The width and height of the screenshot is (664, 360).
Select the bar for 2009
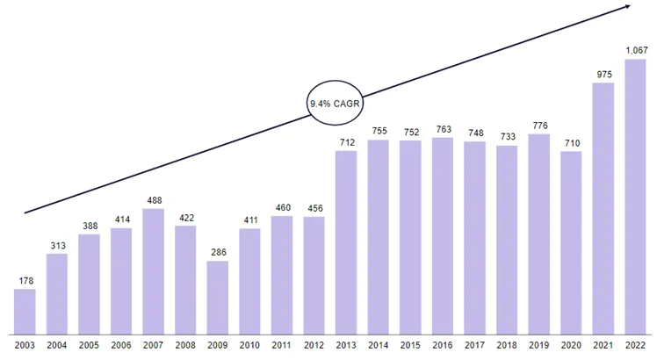(x=218, y=298)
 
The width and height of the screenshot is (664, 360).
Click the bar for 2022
(x=635, y=197)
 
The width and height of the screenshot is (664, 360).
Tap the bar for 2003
(x=25, y=312)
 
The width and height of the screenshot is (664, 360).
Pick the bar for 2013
(x=346, y=242)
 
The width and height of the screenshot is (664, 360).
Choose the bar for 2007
(x=154, y=271)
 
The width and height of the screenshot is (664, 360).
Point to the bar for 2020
(x=571, y=243)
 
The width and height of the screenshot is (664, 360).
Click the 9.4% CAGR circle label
(x=335, y=103)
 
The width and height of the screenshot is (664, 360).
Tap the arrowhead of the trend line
(x=628, y=6)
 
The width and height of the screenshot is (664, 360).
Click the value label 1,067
(x=637, y=50)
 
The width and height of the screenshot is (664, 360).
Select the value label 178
(x=25, y=281)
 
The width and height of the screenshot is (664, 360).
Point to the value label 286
(x=219, y=252)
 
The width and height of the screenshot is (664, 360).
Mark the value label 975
(x=604, y=75)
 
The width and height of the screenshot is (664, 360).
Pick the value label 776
(x=540, y=126)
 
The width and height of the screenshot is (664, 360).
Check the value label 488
(x=155, y=200)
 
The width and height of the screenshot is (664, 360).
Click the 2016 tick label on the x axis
(x=443, y=346)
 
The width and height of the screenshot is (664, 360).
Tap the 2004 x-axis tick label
(x=57, y=346)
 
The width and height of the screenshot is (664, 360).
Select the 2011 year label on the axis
(x=282, y=346)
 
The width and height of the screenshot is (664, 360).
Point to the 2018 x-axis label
(x=507, y=346)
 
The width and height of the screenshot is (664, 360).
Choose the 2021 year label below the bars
(x=603, y=346)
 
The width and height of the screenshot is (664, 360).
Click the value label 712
(x=347, y=143)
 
